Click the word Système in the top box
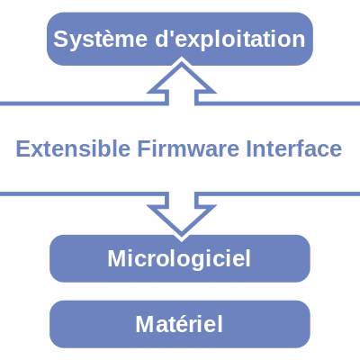(x=100, y=40)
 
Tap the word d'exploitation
(x=230, y=39)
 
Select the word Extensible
(x=73, y=148)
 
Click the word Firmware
(x=188, y=148)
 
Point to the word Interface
(x=294, y=148)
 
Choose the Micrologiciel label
(x=179, y=259)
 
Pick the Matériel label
(x=179, y=324)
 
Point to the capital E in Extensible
(x=23, y=148)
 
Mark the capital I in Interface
(x=248, y=148)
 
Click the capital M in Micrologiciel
(x=118, y=258)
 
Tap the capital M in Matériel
(x=146, y=324)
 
